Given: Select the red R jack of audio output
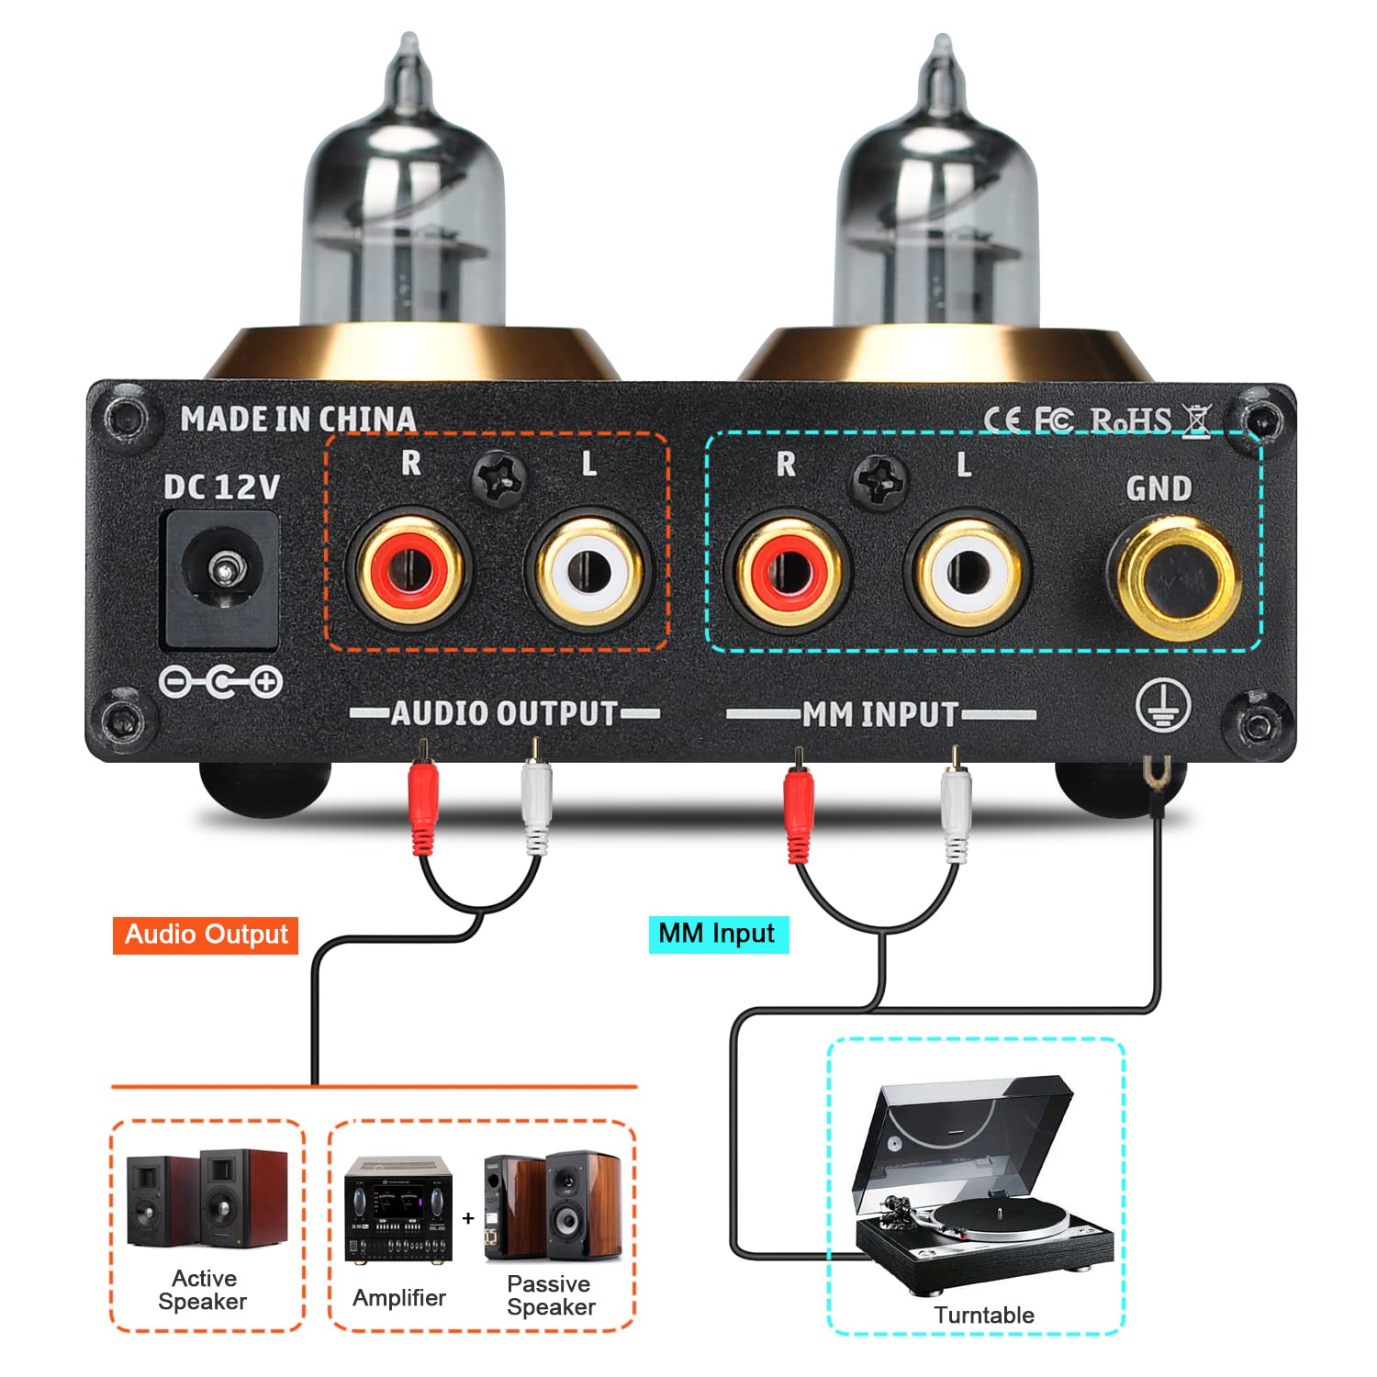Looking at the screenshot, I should click(x=408, y=571).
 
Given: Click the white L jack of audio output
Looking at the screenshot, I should click(x=588, y=571).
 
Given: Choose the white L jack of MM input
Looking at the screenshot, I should click(x=967, y=572).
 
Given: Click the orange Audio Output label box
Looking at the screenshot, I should click(x=206, y=935).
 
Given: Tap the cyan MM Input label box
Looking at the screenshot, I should click(x=718, y=934).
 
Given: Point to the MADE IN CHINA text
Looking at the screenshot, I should click(x=298, y=420).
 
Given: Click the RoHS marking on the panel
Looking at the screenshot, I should click(x=1130, y=420).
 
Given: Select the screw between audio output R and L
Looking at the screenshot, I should click(x=499, y=478).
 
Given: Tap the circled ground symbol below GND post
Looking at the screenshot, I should click(x=1163, y=707).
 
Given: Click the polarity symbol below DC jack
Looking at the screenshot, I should click(x=220, y=682).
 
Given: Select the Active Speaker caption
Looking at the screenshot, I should click(x=203, y=1290).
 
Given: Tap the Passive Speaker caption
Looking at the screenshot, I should click(x=551, y=1295).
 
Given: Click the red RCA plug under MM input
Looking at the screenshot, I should click(x=799, y=808).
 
